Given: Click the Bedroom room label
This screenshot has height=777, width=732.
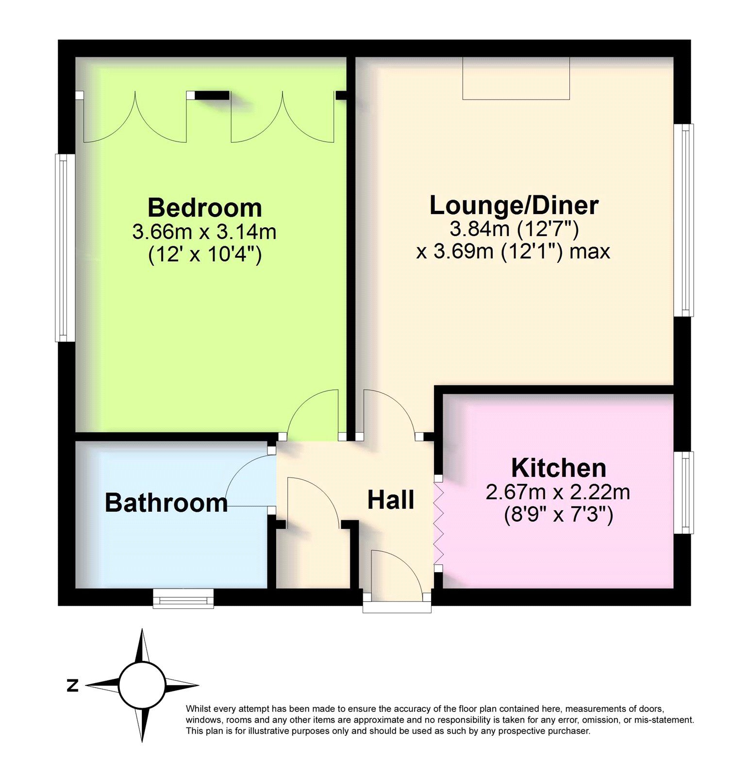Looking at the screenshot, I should click(204, 208).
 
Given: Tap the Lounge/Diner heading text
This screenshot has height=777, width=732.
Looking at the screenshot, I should click(514, 205).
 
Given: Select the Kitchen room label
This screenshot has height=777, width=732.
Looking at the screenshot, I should click(558, 468).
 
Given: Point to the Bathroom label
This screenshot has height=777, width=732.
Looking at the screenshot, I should click(166, 503).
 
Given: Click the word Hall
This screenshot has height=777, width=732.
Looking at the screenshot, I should click(391, 500).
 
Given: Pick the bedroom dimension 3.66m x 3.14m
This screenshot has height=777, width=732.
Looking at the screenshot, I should click(204, 232).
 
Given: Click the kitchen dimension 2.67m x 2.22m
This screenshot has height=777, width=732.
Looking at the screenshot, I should click(558, 492).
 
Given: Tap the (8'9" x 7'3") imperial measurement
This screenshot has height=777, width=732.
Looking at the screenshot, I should click(558, 514).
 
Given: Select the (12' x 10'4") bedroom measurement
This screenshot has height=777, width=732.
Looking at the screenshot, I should click(204, 254).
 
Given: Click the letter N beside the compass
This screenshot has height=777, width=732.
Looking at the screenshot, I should click(73, 686).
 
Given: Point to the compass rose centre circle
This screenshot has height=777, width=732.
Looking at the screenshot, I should click(142, 685).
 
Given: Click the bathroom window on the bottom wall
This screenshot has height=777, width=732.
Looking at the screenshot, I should click(183, 599).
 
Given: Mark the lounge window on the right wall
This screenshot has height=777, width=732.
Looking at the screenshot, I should click(685, 220).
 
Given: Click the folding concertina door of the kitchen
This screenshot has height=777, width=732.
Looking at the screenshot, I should click(439, 523).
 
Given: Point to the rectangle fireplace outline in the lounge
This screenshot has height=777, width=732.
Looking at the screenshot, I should click(516, 78).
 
